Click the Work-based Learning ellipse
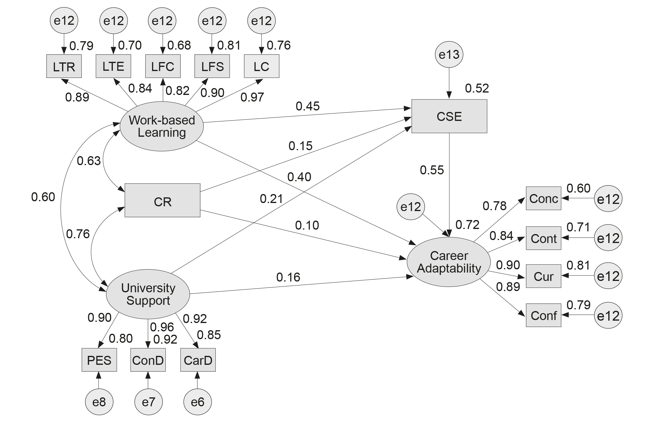point(162,126)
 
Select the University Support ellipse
point(148,294)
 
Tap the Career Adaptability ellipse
point(449,262)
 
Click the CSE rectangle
point(449,116)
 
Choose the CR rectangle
point(162,200)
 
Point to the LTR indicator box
point(64,66)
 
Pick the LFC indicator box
point(163,66)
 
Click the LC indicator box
point(262,66)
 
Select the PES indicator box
point(99,360)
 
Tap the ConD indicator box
point(148,360)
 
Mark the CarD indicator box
point(198,360)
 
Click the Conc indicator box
point(543,199)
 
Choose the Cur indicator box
point(543,276)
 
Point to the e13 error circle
point(449,55)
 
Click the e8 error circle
point(99,402)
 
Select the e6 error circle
point(197,402)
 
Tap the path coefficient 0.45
point(308,106)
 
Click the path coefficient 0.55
point(432,170)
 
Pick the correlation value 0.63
point(89,161)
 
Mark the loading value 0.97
point(252,97)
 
